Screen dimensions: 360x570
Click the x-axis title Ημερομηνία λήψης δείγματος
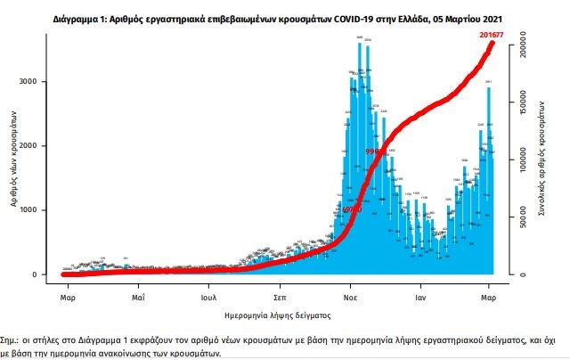coord(278,315)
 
